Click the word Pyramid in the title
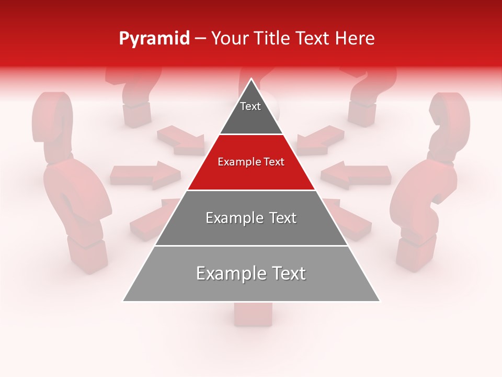[x=154, y=39]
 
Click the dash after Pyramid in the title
[x=200, y=39]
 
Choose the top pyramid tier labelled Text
[x=251, y=113]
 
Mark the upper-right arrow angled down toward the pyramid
[x=320, y=140]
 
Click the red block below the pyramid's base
[x=253, y=314]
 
